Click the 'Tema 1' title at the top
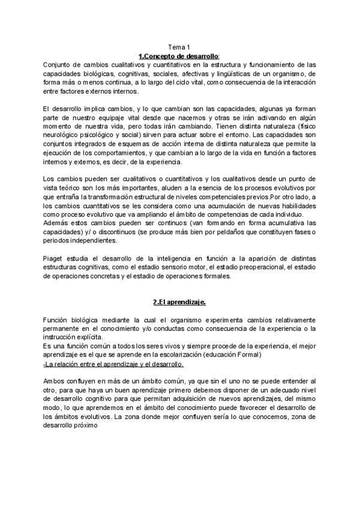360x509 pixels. pyautogui.click(x=179, y=47)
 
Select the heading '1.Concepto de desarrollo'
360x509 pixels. pyautogui.click(x=179, y=56)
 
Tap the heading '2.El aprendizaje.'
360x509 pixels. pyautogui.click(x=179, y=302)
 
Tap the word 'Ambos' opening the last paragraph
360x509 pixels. pyautogui.click(x=55, y=381)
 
